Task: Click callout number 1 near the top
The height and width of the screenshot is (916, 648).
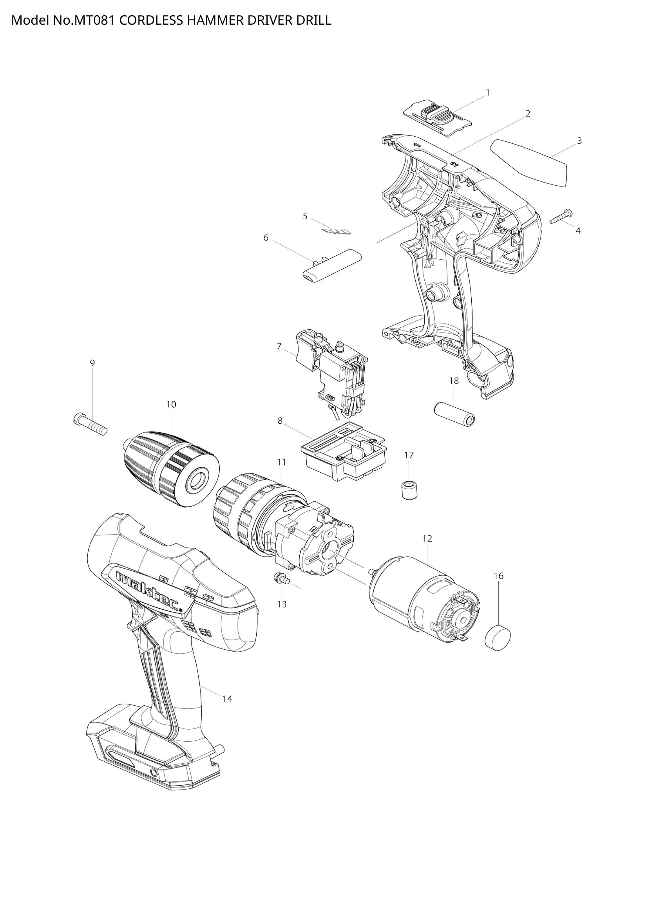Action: pyautogui.click(x=487, y=92)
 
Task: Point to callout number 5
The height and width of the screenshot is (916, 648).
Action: pyautogui.click(x=305, y=216)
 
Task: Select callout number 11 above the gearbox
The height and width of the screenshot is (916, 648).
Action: pyautogui.click(x=282, y=463)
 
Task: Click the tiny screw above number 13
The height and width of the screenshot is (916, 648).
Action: pyautogui.click(x=282, y=579)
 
